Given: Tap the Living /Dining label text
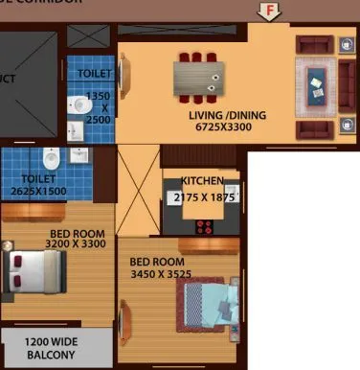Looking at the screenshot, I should coord(227,116).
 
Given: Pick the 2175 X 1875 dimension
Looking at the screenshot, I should coord(204,197).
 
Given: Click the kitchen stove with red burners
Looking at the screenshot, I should coord(204,226).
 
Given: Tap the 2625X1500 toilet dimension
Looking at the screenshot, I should coord(37,191).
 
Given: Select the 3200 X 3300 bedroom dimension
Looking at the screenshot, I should coord(61,243).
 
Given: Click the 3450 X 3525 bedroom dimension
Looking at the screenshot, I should coord(167,275).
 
